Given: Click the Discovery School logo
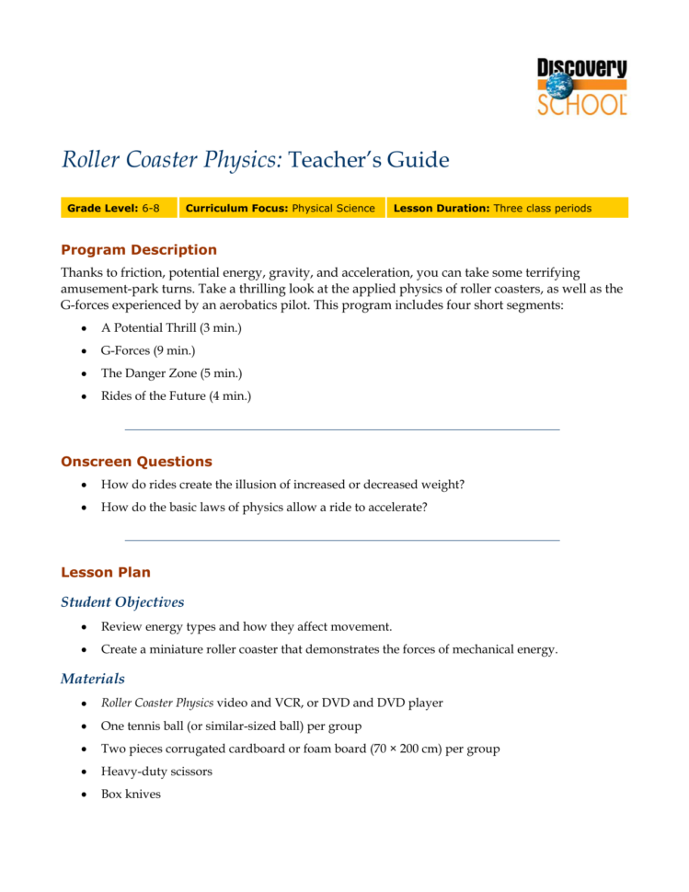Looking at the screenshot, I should click(582, 86).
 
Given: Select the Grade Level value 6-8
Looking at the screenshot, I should click(151, 209).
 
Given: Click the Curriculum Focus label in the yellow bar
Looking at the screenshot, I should click(236, 209).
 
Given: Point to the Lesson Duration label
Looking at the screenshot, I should click(441, 209).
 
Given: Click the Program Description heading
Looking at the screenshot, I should click(138, 249).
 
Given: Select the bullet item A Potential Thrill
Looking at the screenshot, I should click(171, 328).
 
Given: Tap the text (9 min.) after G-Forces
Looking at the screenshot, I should click(175, 351).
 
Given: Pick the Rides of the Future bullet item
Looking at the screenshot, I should click(176, 396).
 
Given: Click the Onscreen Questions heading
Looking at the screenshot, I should click(136, 462).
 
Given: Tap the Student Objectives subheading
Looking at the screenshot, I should click(122, 602).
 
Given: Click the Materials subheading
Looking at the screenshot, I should click(93, 679).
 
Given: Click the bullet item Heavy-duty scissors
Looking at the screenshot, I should click(156, 772).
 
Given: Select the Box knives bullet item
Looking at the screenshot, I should click(131, 794).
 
